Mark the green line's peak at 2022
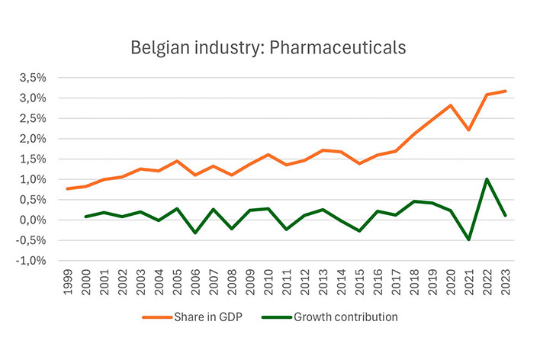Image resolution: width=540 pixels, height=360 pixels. pos(487,180)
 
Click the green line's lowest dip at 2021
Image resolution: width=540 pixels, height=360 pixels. pos(468,239)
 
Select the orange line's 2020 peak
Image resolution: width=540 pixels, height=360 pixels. pos(450,105)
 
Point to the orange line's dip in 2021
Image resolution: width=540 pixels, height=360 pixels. pos(468,130)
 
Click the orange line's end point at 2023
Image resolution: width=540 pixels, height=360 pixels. pos(505,92)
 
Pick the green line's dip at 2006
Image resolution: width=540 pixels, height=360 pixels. pos(194,233)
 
